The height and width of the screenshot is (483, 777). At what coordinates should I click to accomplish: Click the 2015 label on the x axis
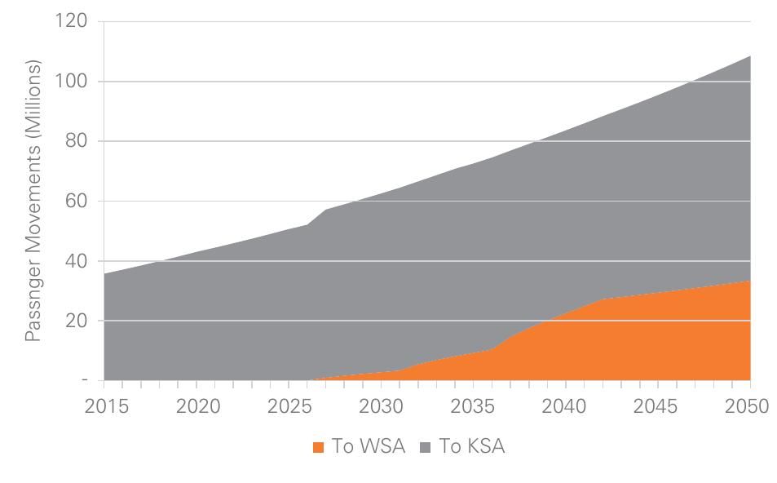point(107,406)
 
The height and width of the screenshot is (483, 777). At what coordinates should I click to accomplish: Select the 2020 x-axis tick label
point(198,406)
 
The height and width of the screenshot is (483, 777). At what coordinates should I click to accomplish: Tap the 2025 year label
point(290,406)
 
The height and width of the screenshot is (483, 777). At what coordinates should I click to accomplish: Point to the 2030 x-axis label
point(382,406)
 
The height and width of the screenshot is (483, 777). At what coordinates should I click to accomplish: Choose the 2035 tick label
point(474,406)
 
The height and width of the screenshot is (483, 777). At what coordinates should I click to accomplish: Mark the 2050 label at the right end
point(747,406)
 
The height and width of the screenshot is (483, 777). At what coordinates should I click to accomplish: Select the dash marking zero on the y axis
point(83,380)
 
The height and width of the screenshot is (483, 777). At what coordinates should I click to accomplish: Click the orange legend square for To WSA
point(319,446)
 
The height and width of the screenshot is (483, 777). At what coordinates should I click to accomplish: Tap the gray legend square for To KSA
point(426,446)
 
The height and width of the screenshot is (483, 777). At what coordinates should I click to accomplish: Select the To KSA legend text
point(472,446)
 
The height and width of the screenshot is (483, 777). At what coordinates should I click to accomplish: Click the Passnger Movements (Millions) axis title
point(33,201)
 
